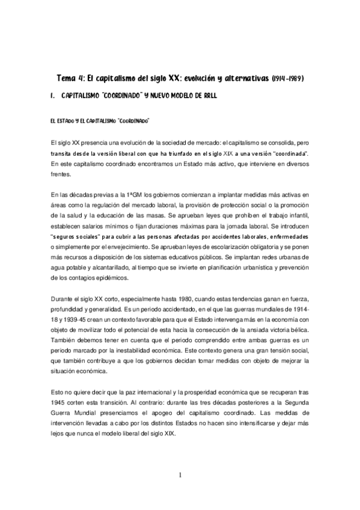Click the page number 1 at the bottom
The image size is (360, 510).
180,475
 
